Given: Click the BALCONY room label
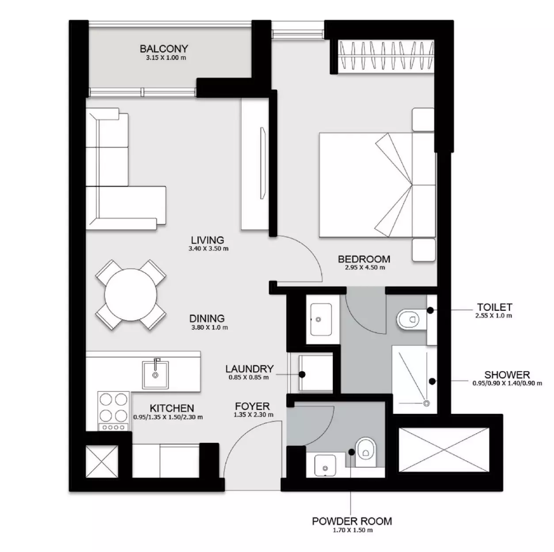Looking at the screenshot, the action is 163,49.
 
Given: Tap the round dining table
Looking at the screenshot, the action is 131,295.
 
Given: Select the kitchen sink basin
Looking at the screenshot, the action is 155,374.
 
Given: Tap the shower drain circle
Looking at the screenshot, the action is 426,403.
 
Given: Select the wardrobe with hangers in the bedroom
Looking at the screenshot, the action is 386,57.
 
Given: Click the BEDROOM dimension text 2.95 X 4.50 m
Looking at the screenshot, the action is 364,268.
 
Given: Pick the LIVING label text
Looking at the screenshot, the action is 207,240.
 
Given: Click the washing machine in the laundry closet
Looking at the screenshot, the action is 316,373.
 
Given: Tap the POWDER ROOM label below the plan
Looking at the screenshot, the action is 352,521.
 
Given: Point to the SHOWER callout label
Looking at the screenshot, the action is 507,375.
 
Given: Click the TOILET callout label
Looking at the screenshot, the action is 494,307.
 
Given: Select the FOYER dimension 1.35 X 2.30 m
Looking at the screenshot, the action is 253,415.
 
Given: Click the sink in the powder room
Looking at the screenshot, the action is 325,466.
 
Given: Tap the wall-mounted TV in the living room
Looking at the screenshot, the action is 262,163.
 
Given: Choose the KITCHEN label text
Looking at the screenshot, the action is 171,408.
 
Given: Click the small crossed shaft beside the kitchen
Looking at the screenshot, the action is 102,462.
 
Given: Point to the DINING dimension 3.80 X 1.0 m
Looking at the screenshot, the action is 209,328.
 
